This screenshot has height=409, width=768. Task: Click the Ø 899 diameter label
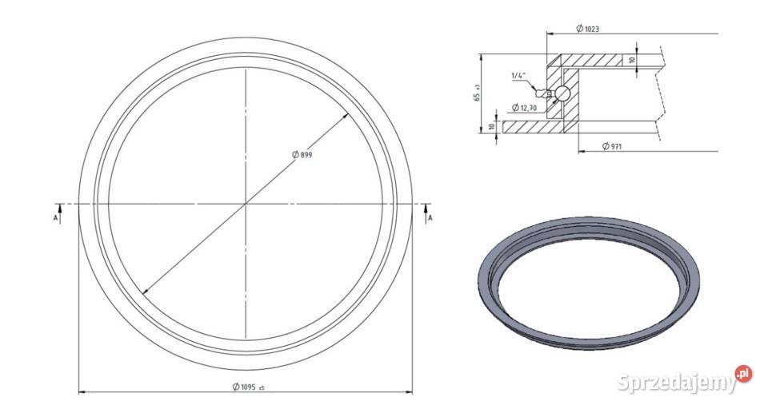click(302, 155)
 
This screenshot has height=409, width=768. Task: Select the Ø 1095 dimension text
click(248, 387)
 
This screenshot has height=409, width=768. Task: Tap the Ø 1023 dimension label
click(587, 29)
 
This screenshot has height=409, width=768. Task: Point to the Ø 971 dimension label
click(612, 146)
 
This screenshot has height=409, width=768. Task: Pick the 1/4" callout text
click(518, 75)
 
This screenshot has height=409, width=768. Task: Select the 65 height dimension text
click(477, 93)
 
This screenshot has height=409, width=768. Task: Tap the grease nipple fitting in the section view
click(544, 92)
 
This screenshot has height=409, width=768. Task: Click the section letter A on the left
click(55, 218)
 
